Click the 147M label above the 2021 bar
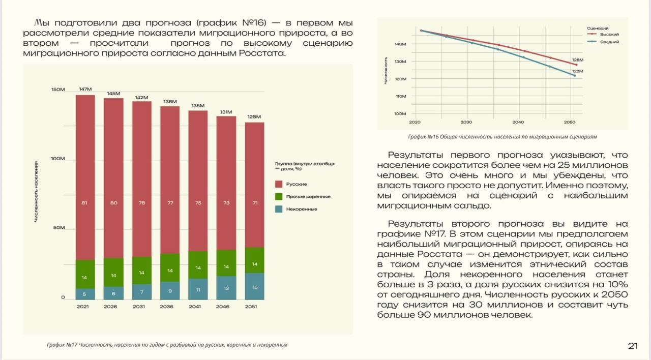[85, 89]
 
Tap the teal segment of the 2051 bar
[255, 286]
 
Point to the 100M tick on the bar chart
[57, 159]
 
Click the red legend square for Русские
[278, 184]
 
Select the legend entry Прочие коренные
[308, 196]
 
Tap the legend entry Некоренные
[302, 209]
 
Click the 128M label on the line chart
[577, 59]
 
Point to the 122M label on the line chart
[577, 71]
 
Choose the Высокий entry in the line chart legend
[609, 34]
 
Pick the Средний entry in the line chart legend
[609, 42]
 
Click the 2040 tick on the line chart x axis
[518, 123]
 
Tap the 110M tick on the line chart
[400, 96]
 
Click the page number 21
[633, 346]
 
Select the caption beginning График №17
[167, 344]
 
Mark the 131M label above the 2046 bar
[226, 112]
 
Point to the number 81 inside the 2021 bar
[85, 203]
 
